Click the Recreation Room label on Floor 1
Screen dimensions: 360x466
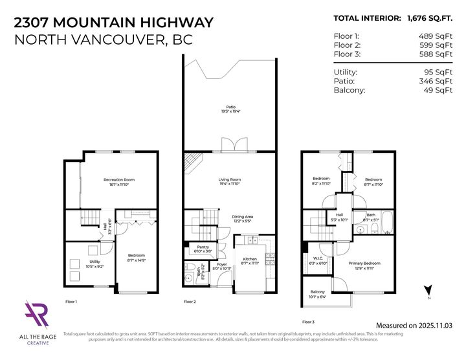(x=119, y=179)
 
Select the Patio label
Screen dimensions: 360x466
(x=230, y=107)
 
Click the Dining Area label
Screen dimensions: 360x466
(x=243, y=217)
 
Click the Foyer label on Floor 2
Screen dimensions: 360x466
(x=221, y=264)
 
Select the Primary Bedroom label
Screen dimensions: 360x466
(x=366, y=264)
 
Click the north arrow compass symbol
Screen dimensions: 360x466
(x=427, y=289)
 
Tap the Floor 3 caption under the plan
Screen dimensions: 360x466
(x=309, y=321)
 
